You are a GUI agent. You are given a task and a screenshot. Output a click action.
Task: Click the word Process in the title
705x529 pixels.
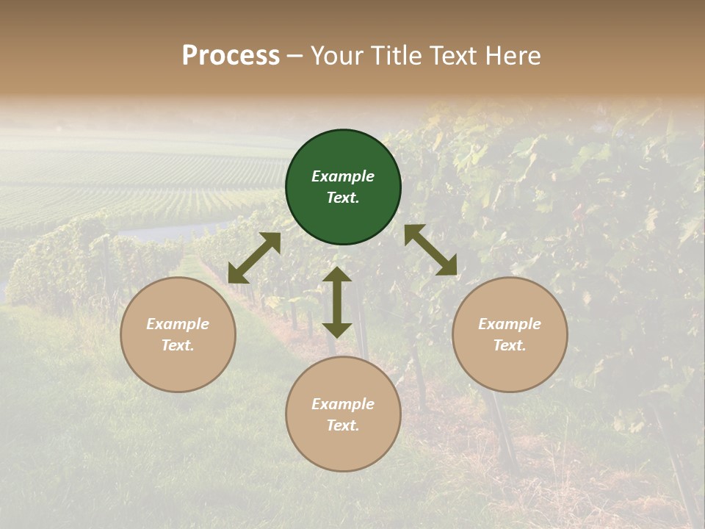tap(231, 56)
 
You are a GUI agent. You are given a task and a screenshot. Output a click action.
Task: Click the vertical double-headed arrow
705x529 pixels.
tap(337, 302)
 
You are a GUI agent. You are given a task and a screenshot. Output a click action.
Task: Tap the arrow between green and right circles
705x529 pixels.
tap(430, 250)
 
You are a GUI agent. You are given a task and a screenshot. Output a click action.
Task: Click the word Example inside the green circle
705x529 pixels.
tap(343, 176)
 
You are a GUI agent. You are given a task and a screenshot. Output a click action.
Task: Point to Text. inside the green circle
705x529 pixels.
tap(343, 198)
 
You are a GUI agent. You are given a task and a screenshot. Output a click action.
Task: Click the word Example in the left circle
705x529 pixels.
tap(178, 324)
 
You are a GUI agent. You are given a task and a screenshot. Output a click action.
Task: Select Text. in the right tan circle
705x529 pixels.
tap(510, 345)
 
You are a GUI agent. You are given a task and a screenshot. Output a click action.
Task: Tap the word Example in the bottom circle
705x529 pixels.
tap(343, 404)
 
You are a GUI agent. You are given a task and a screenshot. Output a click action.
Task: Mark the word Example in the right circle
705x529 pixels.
tap(510, 324)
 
